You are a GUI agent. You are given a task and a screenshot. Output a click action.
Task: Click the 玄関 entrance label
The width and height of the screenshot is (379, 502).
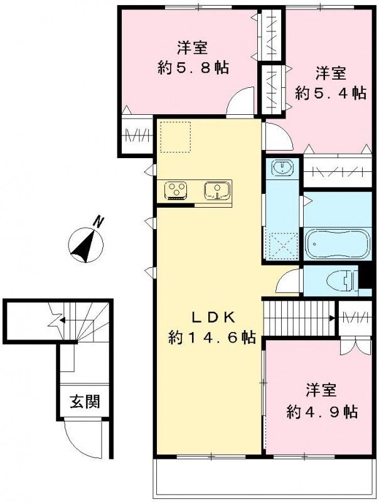[x=85, y=402]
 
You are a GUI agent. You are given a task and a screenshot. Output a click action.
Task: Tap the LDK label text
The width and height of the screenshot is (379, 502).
[x=213, y=318]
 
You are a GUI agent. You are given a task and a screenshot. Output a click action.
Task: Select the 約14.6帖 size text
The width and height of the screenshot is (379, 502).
[x=212, y=337]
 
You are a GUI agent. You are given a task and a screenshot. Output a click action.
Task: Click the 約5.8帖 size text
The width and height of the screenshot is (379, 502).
[x=193, y=68]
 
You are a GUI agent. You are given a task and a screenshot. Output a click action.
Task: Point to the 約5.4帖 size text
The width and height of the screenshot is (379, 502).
[x=331, y=93]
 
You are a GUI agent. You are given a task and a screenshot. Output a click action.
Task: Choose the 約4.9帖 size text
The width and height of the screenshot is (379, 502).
[x=322, y=412]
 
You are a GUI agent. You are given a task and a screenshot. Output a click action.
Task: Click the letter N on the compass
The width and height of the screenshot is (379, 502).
[x=100, y=222]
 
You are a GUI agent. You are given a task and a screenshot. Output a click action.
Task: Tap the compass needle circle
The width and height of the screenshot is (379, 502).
[x=86, y=245]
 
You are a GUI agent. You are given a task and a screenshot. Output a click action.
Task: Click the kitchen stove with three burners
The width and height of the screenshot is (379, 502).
[x=176, y=190]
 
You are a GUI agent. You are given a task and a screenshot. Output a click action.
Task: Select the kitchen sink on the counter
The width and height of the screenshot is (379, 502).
[x=217, y=191]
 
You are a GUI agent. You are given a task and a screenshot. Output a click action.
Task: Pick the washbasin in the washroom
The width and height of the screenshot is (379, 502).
[x=282, y=168]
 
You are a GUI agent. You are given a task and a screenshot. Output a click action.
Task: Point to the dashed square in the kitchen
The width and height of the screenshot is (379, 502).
[x=176, y=137]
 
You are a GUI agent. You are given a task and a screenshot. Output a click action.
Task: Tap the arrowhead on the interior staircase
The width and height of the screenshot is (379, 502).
[x=333, y=318]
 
